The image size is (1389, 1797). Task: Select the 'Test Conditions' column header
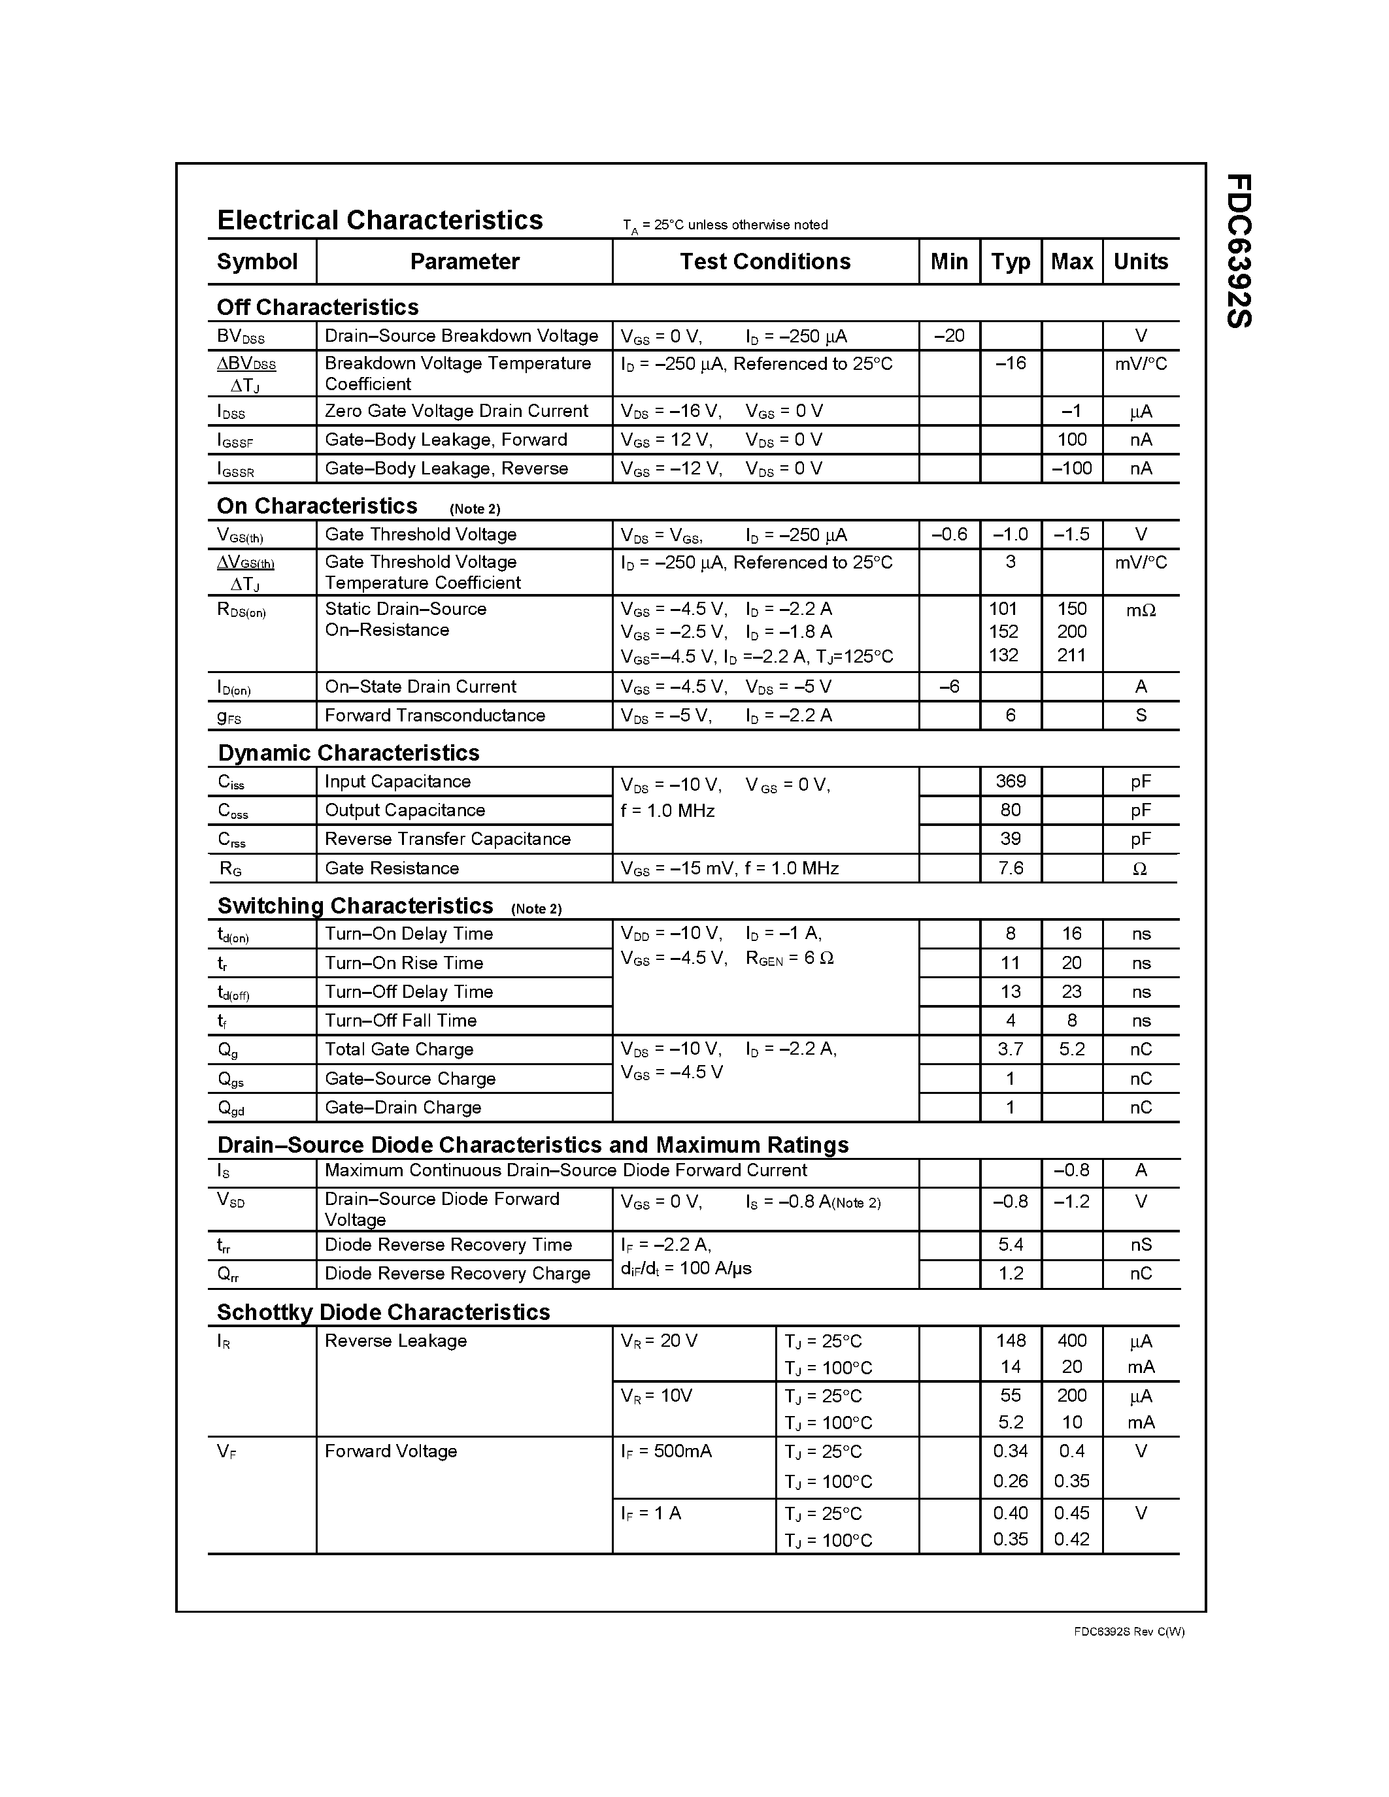[x=765, y=261]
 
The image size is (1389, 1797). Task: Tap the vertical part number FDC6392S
[x=1239, y=251]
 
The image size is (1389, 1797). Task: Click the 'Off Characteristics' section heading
[x=318, y=308]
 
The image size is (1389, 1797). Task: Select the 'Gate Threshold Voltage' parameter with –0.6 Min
[x=420, y=535]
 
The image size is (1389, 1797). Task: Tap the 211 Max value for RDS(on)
[x=1071, y=656]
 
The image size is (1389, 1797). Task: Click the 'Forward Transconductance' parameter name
[x=435, y=716]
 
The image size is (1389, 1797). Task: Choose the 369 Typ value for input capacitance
[x=1011, y=782]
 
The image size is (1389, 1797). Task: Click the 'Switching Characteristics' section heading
[x=355, y=906]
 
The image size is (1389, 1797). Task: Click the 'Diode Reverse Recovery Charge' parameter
[x=458, y=1274]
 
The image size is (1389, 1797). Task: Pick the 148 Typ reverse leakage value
[x=1011, y=1341]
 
